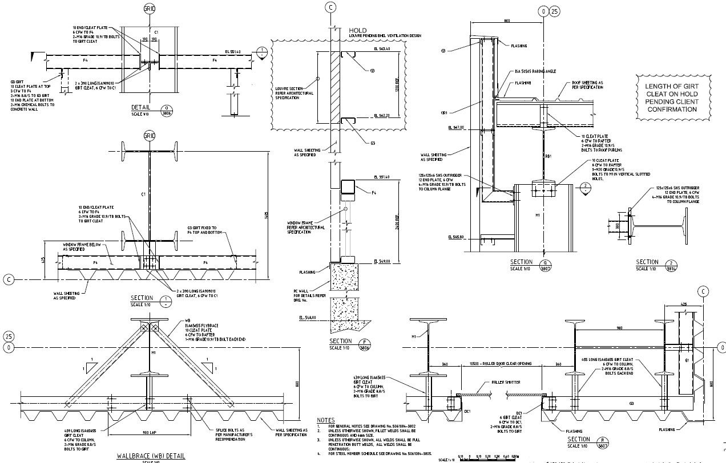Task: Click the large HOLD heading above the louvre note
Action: (x=357, y=30)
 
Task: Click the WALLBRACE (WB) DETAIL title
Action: (x=150, y=456)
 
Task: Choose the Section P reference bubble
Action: (x=364, y=344)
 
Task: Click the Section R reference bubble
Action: (x=603, y=442)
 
